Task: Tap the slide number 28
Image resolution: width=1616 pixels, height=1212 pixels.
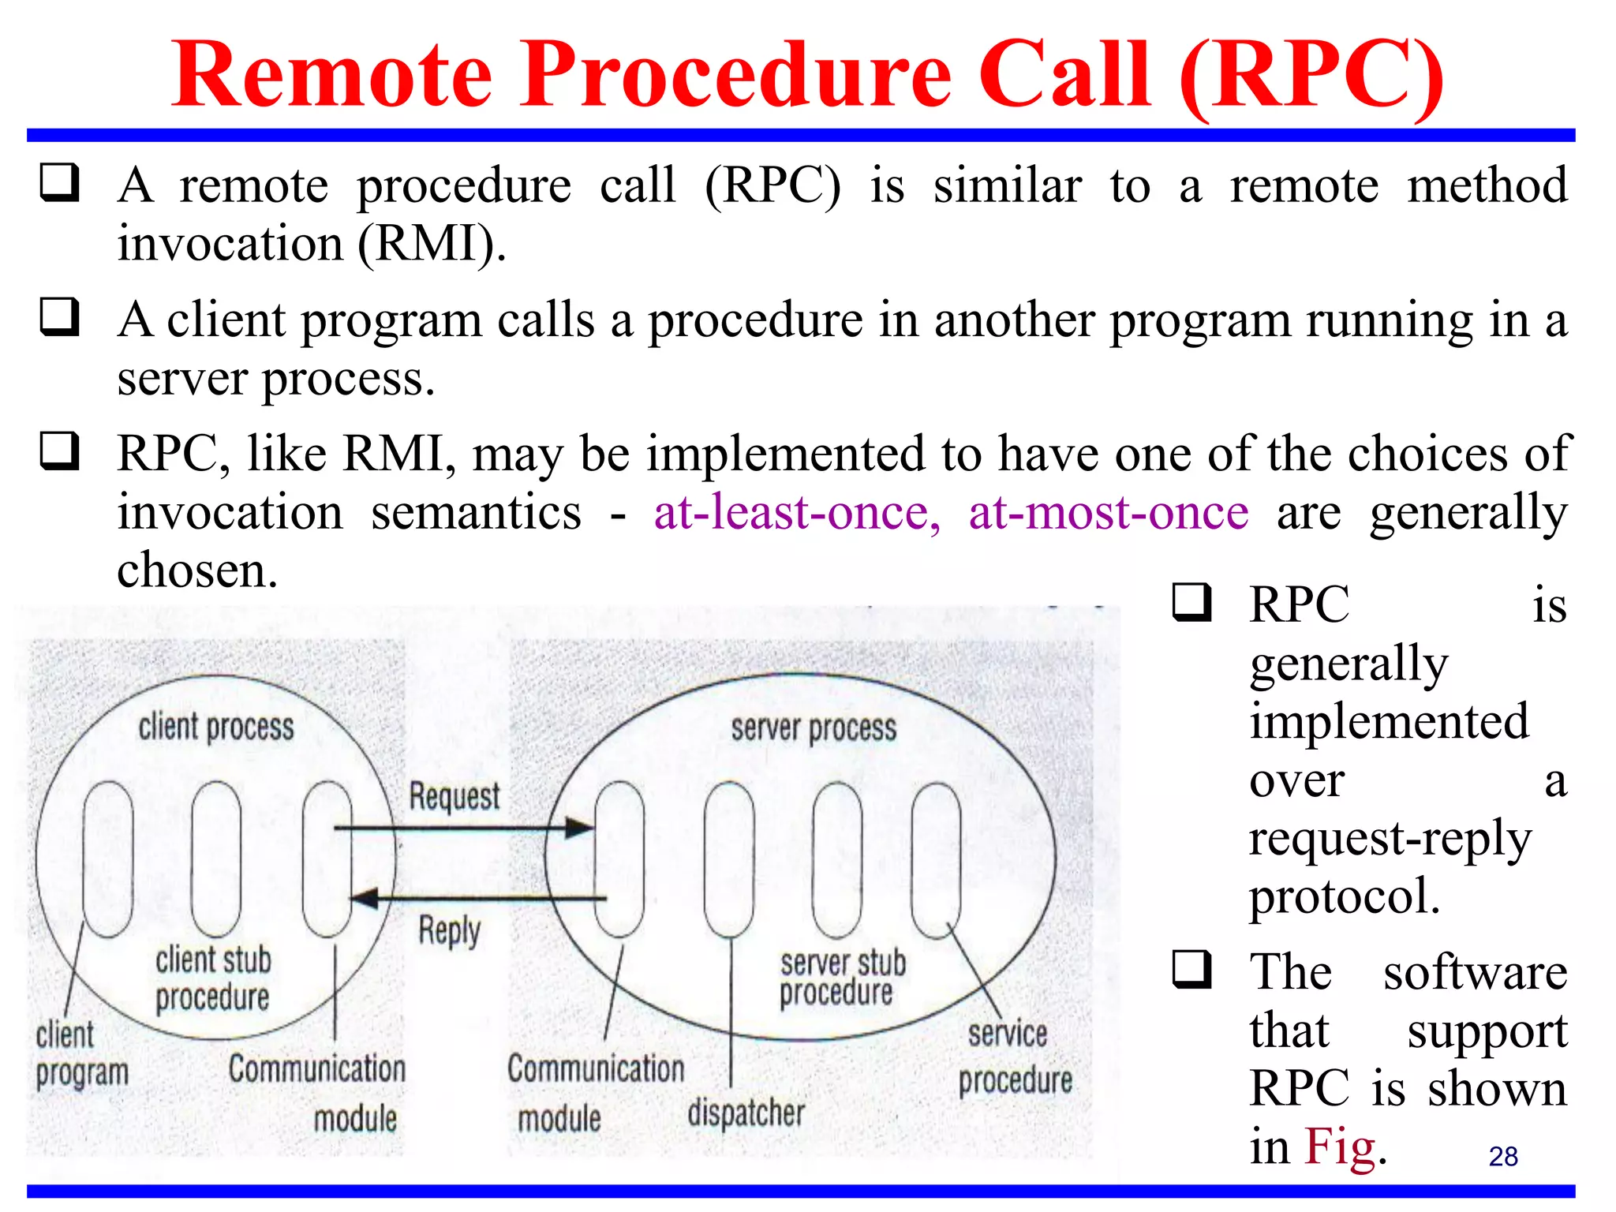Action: (x=1502, y=1156)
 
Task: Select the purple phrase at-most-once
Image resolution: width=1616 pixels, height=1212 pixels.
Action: (x=1108, y=513)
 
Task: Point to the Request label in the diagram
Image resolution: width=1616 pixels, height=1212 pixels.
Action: (x=454, y=797)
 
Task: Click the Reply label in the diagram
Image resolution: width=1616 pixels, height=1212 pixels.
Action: (x=449, y=931)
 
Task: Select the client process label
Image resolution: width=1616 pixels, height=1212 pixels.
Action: (x=215, y=727)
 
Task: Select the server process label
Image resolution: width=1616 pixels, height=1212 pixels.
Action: (x=813, y=728)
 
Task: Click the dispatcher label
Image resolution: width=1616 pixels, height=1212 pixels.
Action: (x=746, y=1113)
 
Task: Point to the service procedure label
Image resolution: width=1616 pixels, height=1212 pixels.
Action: (x=1014, y=1057)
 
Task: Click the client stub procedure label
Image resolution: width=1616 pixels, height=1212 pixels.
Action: (x=212, y=978)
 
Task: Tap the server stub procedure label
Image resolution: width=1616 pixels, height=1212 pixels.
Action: (x=842, y=978)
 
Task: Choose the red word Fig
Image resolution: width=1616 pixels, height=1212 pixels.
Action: (x=1339, y=1147)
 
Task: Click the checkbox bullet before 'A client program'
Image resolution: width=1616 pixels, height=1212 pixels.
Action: (x=60, y=317)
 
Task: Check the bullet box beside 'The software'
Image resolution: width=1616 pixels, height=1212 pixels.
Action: (x=1191, y=969)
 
